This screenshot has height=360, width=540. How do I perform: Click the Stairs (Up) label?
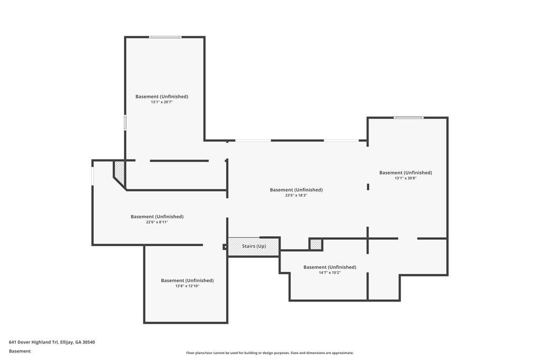[254, 246]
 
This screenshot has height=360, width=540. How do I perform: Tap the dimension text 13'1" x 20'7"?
[161, 102]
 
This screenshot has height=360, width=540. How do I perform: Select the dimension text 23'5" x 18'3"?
[296, 195]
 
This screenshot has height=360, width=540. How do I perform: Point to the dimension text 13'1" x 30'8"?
[405, 178]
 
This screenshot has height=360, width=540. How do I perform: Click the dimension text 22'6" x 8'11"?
[157, 222]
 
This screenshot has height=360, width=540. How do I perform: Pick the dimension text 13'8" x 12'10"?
[187, 286]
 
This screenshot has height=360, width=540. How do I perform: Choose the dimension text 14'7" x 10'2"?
[330, 273]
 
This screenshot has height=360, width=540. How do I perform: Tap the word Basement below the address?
[20, 351]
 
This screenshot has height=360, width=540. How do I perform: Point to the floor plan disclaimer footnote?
[269, 353]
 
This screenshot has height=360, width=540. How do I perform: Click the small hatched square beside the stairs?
[315, 244]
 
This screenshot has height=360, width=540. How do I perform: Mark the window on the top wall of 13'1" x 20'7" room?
[165, 37]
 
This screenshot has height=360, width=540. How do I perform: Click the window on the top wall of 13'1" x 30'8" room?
[408, 118]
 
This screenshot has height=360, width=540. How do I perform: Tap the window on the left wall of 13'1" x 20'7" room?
[125, 122]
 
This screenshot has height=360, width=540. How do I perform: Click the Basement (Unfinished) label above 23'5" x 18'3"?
[296, 190]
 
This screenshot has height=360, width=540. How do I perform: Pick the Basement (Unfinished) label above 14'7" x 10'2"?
[330, 267]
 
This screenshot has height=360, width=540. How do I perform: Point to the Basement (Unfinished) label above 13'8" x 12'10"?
[187, 280]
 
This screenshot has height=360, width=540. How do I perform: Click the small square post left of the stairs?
[225, 246]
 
